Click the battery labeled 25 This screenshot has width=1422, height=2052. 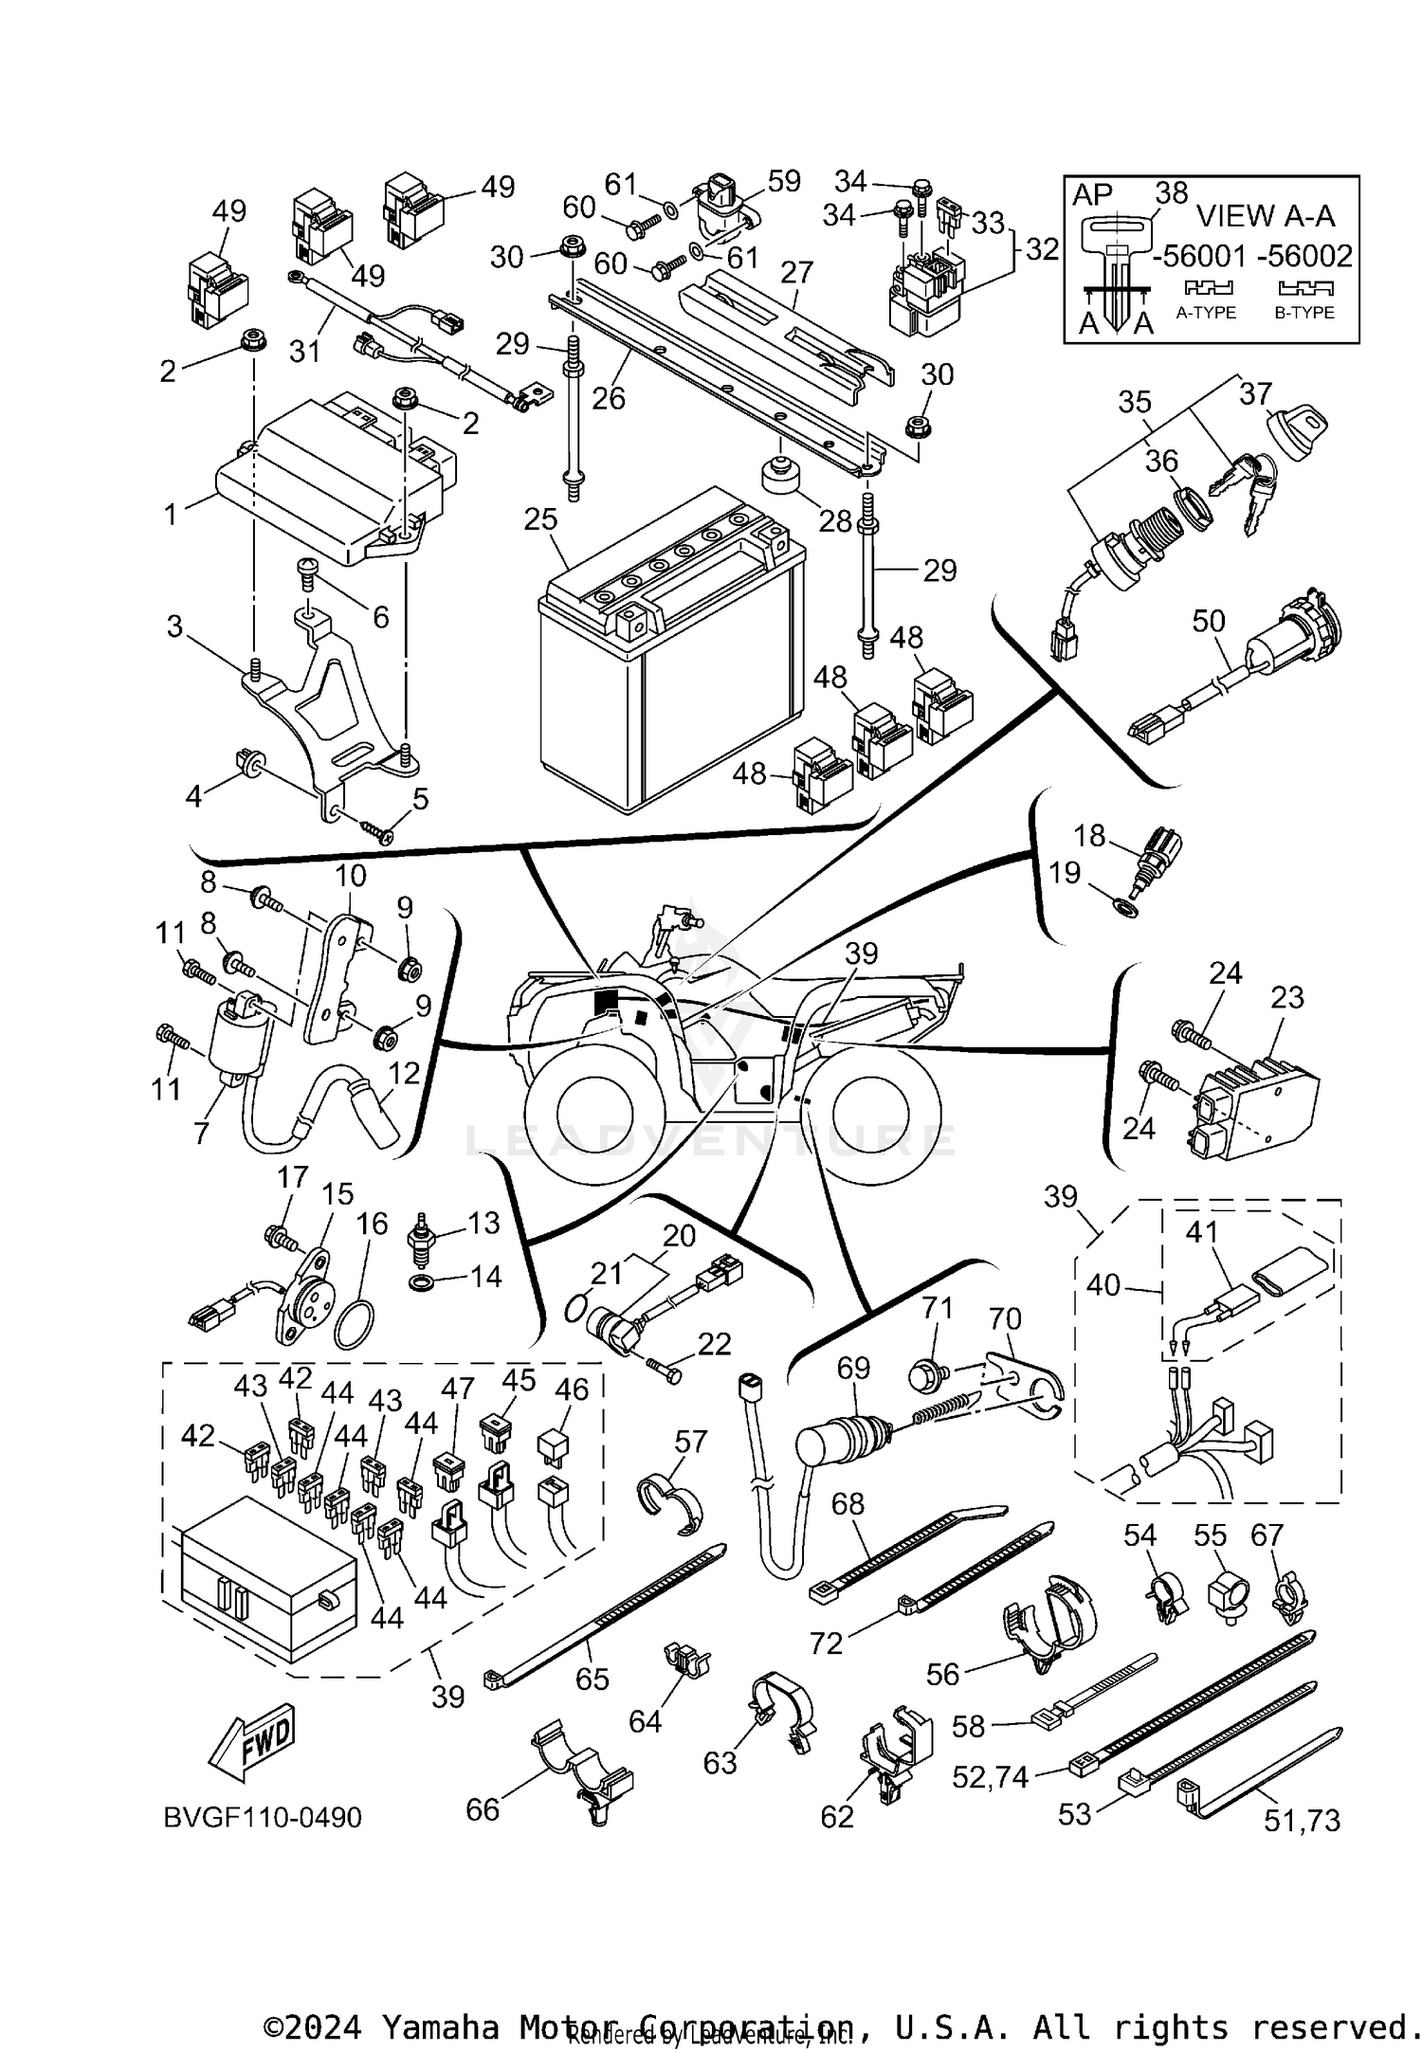668,663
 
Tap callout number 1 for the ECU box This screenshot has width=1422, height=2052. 171,515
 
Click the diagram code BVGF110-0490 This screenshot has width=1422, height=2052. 263,1818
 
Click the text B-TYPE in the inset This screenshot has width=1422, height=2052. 1304,313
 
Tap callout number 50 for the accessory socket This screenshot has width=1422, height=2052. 1209,621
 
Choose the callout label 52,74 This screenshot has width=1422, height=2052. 991,1777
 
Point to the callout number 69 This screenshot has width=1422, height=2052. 853,1368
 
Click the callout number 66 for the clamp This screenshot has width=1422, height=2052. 483,1809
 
